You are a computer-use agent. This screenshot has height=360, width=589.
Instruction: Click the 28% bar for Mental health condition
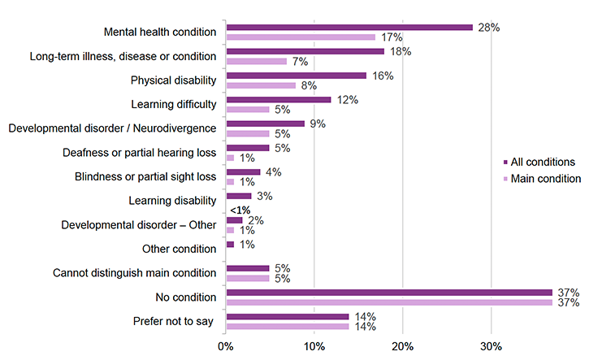[349, 27]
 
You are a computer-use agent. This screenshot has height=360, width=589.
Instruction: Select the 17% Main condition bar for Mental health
[301, 37]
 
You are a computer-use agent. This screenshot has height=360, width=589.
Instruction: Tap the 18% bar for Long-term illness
[305, 51]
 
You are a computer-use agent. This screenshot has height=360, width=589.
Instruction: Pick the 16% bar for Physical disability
[297, 76]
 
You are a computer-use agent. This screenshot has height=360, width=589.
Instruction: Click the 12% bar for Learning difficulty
[279, 100]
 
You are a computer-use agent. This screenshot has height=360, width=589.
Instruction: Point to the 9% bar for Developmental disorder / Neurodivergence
[266, 124]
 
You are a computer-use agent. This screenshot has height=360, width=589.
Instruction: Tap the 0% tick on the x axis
[227, 346]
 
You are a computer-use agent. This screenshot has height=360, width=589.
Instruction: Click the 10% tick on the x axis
[314, 346]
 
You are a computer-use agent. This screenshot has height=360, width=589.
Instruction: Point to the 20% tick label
[403, 346]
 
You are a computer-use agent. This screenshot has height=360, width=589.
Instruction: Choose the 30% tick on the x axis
[491, 346]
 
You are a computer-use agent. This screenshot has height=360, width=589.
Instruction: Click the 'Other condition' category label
[179, 249]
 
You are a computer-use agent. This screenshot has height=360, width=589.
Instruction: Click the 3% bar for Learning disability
[240, 196]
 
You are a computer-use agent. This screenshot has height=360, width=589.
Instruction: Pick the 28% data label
[488, 27]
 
